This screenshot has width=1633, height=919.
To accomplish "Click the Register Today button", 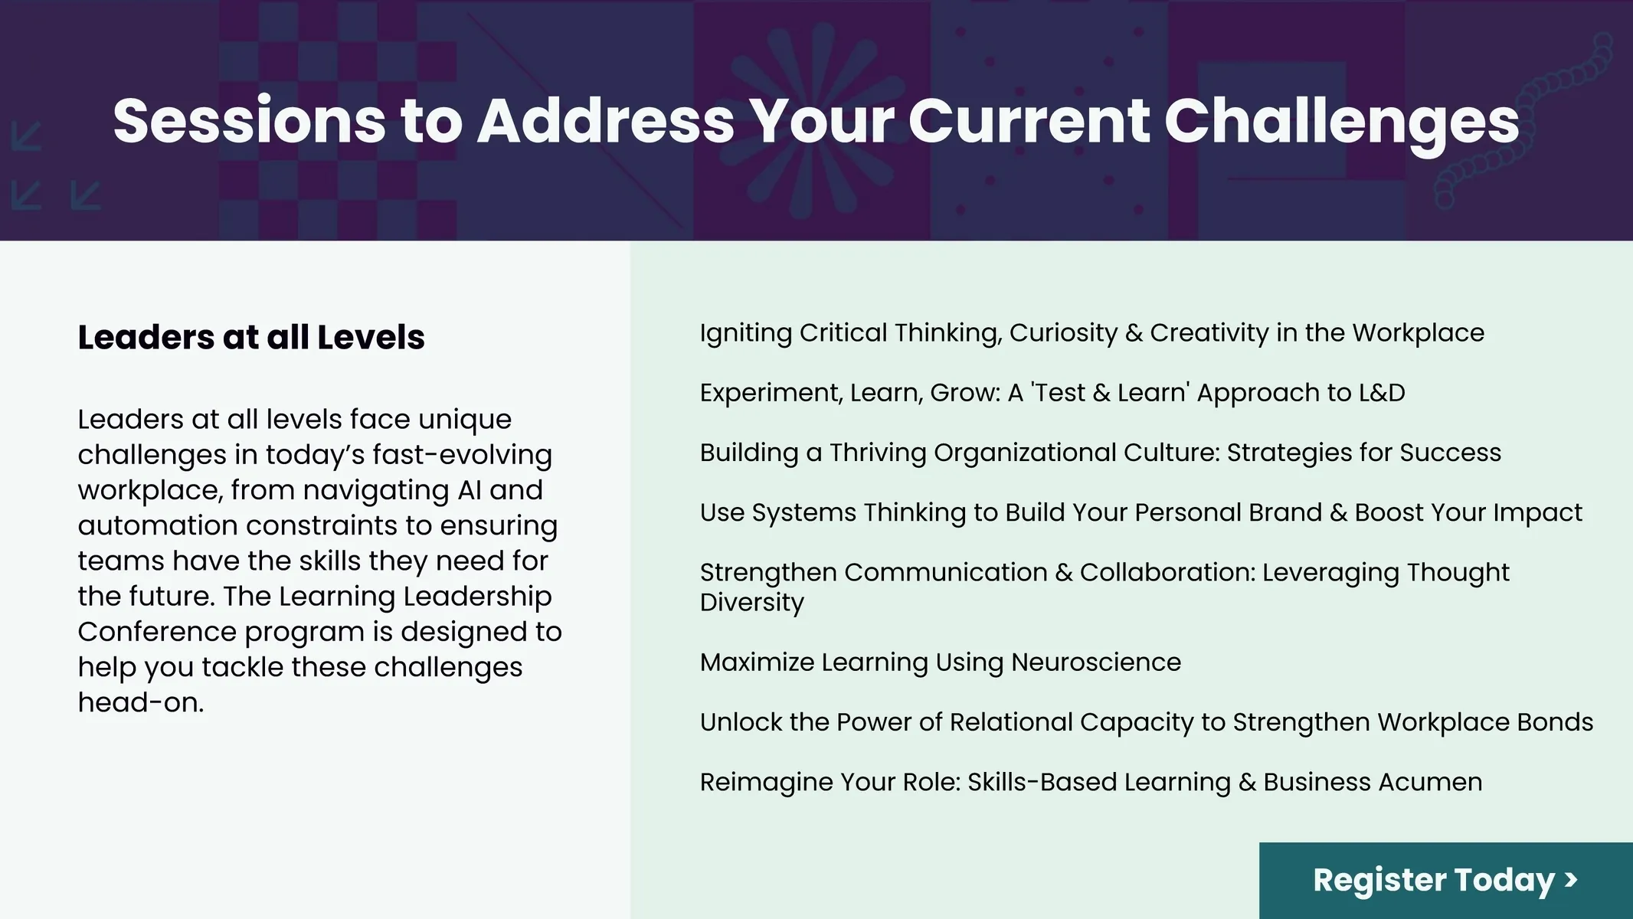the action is tap(1446, 881).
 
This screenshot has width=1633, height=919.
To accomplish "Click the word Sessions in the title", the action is tap(250, 121).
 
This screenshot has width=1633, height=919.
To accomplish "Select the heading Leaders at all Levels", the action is tap(251, 337).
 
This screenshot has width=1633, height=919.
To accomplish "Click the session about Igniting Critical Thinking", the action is tap(1092, 334).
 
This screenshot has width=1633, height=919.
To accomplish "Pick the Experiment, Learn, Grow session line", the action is tap(1052, 393).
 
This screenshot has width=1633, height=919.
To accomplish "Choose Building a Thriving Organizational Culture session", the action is tap(1101, 453).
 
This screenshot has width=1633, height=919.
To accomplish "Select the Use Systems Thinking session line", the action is tap(1141, 513).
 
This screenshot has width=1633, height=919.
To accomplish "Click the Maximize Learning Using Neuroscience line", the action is tap(941, 663).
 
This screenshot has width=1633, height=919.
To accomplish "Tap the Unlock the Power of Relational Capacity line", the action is tap(1147, 723).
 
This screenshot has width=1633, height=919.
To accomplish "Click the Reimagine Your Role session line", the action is tap(1091, 783).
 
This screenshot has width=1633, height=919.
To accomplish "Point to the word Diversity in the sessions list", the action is tap(752, 603).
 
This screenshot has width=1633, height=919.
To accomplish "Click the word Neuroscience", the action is tap(1096, 663).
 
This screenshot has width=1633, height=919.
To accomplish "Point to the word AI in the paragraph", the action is tap(469, 490).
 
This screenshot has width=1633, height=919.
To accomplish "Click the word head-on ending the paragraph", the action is tap(141, 702).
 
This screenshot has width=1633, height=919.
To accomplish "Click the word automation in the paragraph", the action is tap(158, 525).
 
